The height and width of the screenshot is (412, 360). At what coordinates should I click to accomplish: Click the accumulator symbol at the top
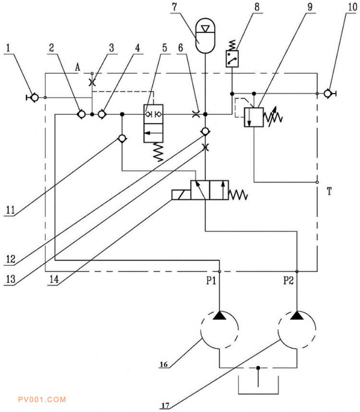205,35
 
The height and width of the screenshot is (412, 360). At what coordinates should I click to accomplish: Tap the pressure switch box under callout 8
232,59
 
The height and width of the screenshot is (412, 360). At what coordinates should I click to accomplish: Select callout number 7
175,7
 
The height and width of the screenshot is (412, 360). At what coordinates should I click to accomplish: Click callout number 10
352,7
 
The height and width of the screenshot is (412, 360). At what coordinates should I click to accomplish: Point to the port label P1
211,281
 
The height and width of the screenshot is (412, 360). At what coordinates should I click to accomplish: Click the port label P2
288,281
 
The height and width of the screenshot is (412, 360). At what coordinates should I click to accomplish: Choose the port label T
329,191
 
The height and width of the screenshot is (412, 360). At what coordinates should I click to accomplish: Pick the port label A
77,68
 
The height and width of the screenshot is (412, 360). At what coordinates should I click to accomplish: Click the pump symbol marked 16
219,330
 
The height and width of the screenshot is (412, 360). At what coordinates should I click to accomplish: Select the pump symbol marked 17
297,330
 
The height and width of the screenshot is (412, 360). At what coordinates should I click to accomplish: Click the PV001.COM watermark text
42,400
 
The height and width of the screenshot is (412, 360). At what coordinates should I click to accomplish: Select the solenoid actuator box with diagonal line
181,195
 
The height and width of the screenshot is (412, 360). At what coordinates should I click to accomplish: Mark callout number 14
54,279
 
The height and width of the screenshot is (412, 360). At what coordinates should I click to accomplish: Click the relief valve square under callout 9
254,117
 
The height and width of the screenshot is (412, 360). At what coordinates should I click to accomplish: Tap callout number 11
11,210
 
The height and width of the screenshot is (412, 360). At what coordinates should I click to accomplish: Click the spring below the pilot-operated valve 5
158,152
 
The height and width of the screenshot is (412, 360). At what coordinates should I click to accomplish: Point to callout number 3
111,48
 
